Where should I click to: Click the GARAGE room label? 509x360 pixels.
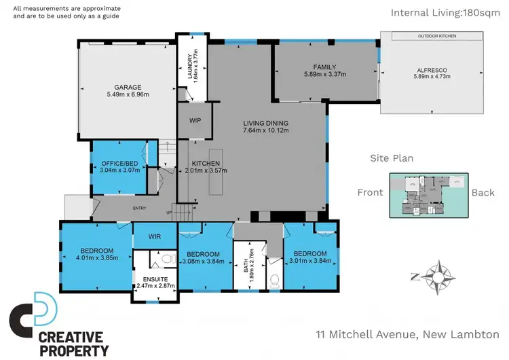tap(127, 87)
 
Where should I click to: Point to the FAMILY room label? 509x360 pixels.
tap(325, 67)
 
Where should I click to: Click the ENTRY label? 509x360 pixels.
tap(140, 208)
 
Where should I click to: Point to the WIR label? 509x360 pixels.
tap(154, 236)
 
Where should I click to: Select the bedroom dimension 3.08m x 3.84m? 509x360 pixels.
tap(204, 261)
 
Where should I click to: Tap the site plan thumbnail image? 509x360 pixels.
tap(428, 195)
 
